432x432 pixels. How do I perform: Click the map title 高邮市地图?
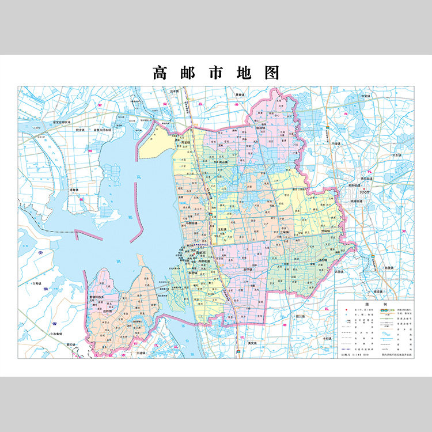pos(216,73)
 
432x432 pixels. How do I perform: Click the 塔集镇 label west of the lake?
pos(74,190)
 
